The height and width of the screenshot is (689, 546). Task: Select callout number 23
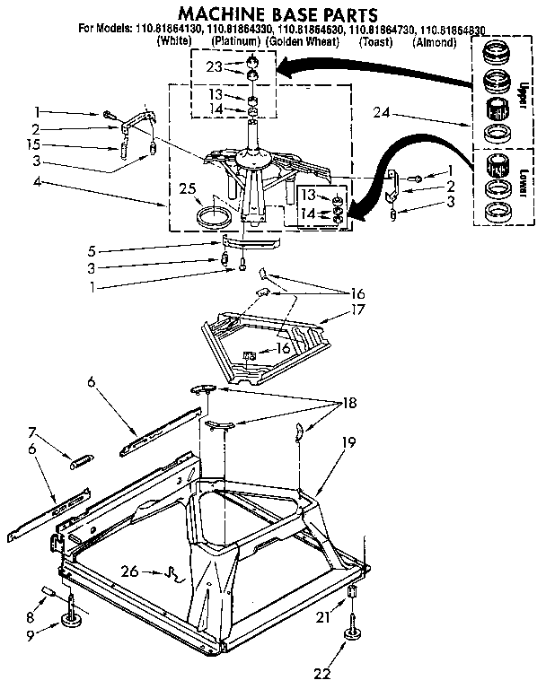pyautogui.click(x=213, y=66)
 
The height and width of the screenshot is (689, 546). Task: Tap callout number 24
pyautogui.click(x=382, y=112)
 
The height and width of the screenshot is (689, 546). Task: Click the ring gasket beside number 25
pyautogui.click(x=213, y=216)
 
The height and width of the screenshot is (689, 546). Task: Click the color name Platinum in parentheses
pyautogui.click(x=235, y=42)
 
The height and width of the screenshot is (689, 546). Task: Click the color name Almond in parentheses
pyautogui.click(x=435, y=42)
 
